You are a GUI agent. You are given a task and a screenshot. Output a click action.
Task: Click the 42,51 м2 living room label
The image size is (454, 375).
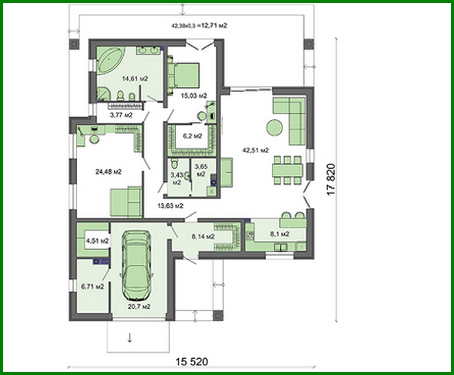(255, 150)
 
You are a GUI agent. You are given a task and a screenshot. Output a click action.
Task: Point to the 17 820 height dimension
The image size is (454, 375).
(331, 179)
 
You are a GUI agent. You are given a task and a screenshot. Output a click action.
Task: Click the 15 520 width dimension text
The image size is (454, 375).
(192, 361)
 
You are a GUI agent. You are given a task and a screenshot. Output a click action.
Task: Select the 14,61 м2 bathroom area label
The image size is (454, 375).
(135, 79)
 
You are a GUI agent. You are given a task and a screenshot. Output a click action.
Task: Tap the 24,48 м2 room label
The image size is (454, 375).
(108, 172)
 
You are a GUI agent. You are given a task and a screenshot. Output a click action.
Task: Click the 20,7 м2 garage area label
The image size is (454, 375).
(139, 306)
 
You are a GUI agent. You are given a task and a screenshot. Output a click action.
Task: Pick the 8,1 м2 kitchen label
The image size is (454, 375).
(280, 234)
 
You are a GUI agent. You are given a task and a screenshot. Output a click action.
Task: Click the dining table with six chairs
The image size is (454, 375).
(287, 170)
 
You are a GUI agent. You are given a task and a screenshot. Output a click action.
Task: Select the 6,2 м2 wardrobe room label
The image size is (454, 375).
(192, 136)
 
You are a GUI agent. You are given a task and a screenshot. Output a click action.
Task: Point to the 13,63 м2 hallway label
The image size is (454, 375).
(170, 206)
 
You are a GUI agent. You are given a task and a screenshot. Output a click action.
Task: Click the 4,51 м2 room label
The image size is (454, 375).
(97, 241)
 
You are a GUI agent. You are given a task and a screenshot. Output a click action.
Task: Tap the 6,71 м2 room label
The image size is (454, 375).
(92, 286)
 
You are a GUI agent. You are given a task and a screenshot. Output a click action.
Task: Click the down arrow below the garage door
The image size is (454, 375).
(130, 338)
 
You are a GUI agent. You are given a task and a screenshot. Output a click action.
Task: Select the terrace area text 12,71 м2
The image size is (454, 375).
(214, 25)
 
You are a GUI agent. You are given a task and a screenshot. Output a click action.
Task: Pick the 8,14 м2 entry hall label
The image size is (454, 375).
(203, 236)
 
